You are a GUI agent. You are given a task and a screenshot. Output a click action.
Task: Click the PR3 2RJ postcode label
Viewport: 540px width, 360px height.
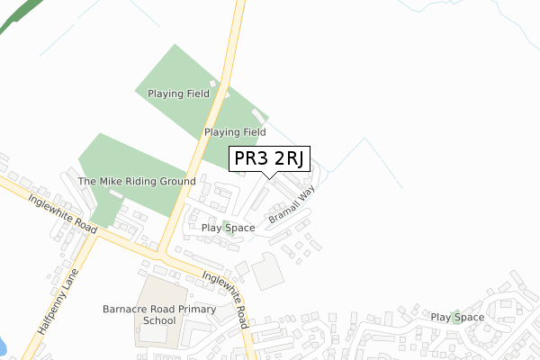pyautogui.click(x=270, y=158)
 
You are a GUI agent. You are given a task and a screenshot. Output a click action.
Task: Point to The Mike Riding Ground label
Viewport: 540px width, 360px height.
pyautogui.click(x=137, y=181)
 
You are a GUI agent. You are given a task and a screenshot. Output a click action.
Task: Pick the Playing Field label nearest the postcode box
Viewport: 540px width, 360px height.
pyautogui.click(x=235, y=131)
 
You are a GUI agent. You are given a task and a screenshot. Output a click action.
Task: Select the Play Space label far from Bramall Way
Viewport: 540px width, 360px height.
pyautogui.click(x=457, y=317)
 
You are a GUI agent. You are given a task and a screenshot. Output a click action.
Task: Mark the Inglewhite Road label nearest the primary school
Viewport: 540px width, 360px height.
pyautogui.click(x=225, y=299)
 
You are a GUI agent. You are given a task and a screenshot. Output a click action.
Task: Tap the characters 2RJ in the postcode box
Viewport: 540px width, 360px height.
pyautogui.click(x=289, y=158)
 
